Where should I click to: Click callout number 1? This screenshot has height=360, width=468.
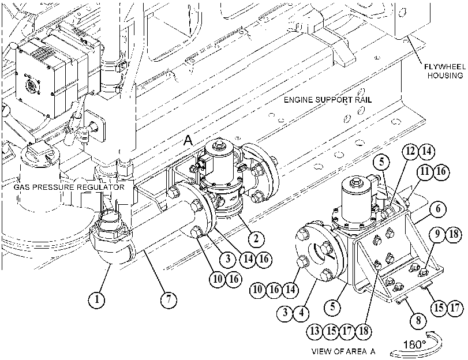click(x=97, y=299)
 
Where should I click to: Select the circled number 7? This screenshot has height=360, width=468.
click(x=169, y=299)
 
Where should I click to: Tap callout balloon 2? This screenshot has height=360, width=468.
click(x=256, y=238)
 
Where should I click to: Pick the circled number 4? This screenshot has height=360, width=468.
click(x=301, y=313)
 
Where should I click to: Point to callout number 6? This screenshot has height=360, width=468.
click(x=438, y=208)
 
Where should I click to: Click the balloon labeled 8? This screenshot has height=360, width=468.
click(x=418, y=320)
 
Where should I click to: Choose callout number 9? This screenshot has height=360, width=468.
click(x=437, y=234)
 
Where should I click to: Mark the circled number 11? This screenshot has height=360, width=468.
click(x=425, y=171)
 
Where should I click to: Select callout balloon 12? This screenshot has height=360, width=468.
click(x=410, y=151)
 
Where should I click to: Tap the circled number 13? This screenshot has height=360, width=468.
click(x=315, y=331)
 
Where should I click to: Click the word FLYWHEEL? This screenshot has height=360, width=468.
click(x=445, y=66)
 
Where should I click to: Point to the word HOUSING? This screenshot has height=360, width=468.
click(x=445, y=76)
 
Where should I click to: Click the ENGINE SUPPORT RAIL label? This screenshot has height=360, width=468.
click(x=328, y=100)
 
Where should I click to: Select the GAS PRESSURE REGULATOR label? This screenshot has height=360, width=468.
click(x=69, y=187)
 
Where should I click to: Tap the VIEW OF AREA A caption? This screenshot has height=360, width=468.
click(x=343, y=351)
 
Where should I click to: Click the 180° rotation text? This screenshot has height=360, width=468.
click(x=414, y=344)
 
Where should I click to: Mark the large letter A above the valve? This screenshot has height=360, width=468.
click(x=188, y=140)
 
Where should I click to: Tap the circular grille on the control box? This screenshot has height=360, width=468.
click(x=31, y=86)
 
